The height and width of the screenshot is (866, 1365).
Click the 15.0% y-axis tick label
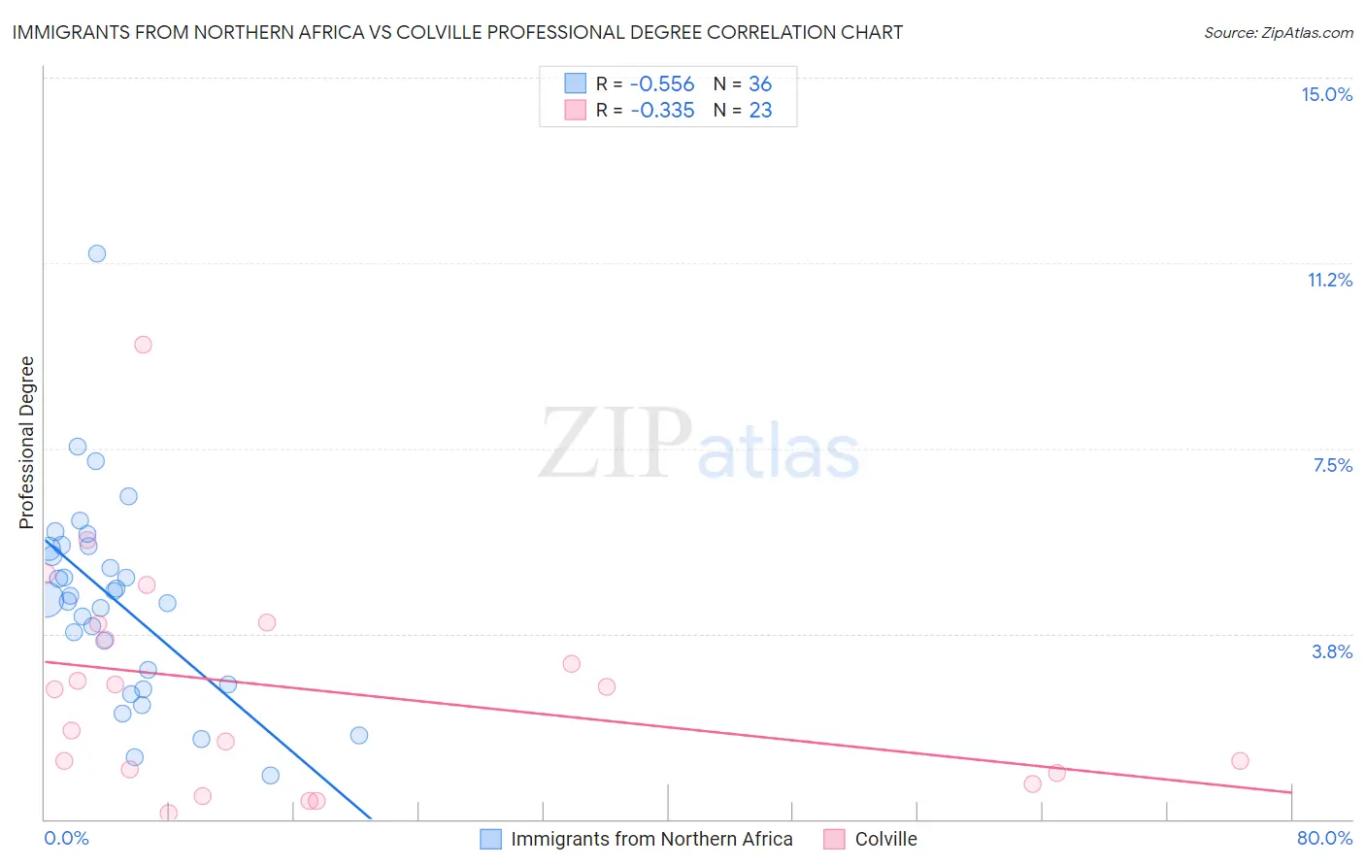tap(1326, 94)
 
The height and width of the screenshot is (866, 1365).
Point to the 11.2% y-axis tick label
tap(1329, 280)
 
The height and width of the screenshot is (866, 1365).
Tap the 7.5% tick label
tap(1332, 465)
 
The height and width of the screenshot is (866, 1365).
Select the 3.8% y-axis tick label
tap(1332, 651)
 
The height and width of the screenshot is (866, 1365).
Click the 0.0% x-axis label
tap(66, 838)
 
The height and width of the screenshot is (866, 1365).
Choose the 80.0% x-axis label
tap(1324, 838)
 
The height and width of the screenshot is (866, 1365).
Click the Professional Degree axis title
tap(26, 443)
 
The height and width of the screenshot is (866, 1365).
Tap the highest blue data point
tap(97, 253)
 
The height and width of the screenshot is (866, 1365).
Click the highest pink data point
tap(143, 345)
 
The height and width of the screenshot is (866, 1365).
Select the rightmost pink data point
tap(1240, 761)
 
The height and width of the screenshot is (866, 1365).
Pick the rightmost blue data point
tap(359, 735)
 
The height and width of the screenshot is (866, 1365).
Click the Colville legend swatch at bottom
tap(834, 839)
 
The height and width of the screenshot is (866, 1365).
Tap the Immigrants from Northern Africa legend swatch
tap(491, 839)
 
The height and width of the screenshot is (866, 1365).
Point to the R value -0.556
tap(662, 83)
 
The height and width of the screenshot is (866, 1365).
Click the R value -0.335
tap(662, 111)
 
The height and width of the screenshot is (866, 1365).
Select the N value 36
tap(760, 83)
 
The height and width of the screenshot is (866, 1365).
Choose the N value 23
tap(760, 111)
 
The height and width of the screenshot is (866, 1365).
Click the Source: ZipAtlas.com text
tap(1278, 33)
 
